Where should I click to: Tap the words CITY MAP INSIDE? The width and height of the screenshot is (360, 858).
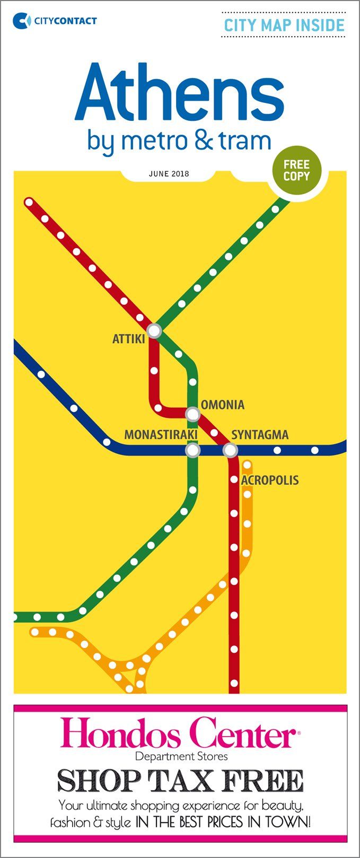pyautogui.click(x=284, y=25)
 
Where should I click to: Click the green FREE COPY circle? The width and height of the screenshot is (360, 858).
pyautogui.click(x=296, y=170)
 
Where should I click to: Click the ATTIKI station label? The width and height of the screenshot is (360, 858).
pyautogui.click(x=128, y=339)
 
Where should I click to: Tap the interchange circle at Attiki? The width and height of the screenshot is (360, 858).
pyautogui.click(x=154, y=331)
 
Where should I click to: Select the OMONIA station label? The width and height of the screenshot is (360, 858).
pyautogui.click(x=223, y=405)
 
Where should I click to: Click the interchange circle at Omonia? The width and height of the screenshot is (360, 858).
pyautogui.click(x=192, y=414)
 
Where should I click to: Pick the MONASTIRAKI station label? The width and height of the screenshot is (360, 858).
pyautogui.click(x=161, y=435)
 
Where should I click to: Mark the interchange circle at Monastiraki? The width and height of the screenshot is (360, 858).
pyautogui.click(x=192, y=451)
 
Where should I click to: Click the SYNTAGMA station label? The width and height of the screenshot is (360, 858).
pyautogui.click(x=260, y=435)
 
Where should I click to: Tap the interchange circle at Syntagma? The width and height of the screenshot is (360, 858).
pyautogui.click(x=230, y=451)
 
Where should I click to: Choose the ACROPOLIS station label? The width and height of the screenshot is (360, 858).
pyautogui.click(x=270, y=480)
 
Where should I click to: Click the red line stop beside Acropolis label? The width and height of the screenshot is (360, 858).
pyautogui.click(x=234, y=480)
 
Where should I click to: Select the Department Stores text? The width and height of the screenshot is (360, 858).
pyautogui.click(x=181, y=756)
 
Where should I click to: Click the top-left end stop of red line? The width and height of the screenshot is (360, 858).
pyautogui.click(x=29, y=202)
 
